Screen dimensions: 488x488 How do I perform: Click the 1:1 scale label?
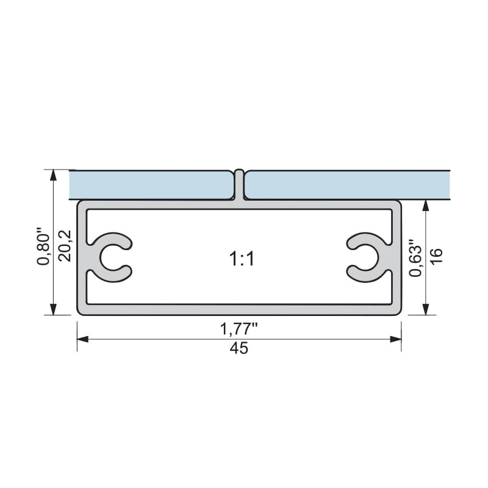[242, 259]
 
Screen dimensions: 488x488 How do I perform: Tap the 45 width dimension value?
[239, 348]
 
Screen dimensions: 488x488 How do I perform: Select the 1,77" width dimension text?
[239, 329]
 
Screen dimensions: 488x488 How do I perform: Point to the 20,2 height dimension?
[65, 246]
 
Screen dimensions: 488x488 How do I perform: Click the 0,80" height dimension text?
[43, 246]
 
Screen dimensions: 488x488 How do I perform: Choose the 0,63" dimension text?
[415, 258]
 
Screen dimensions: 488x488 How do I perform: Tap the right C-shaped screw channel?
[367, 257]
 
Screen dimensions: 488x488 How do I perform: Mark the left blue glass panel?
[151, 185]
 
